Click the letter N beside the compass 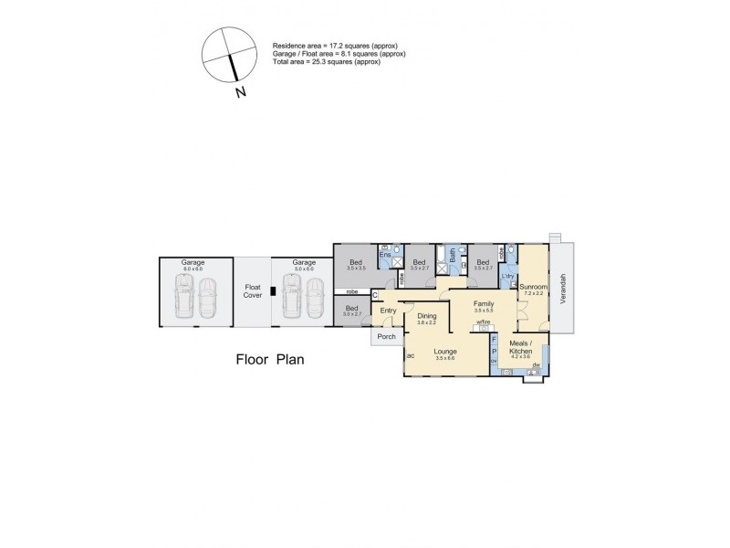(240, 91)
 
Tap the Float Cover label (253, 290)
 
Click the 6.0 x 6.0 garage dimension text (193, 269)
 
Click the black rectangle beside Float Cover (272, 293)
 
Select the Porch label (385, 337)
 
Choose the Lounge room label (444, 351)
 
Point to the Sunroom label (533, 287)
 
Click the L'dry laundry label (508, 276)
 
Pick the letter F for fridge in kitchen (495, 340)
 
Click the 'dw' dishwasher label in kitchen (537, 365)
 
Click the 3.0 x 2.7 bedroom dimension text (352, 314)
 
